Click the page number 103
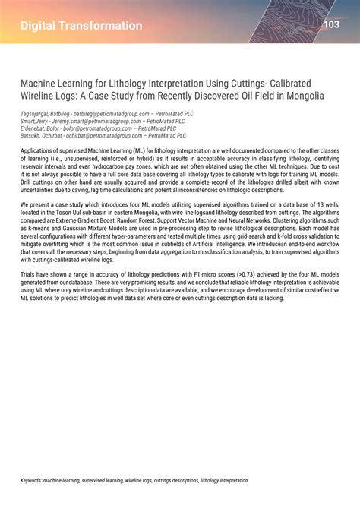[x=331, y=25]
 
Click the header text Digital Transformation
[x=81, y=26]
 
